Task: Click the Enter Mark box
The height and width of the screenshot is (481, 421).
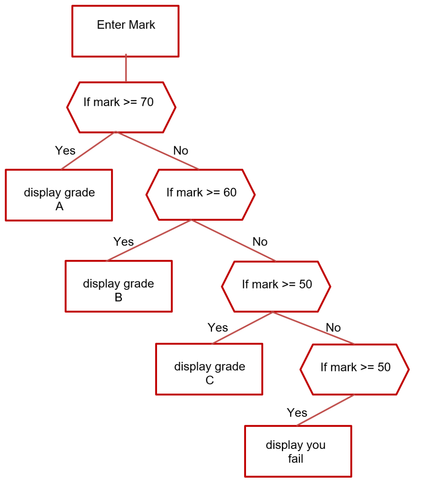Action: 125,31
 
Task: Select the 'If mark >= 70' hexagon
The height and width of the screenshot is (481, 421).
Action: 121,107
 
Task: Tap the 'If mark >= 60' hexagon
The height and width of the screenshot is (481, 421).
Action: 201,195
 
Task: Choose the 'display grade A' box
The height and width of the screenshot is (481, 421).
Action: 59,195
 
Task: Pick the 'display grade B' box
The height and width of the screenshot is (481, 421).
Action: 118,286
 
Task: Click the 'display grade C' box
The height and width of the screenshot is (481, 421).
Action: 209,369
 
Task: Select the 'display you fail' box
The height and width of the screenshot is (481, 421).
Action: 298,451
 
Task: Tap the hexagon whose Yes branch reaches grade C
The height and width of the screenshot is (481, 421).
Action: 276,287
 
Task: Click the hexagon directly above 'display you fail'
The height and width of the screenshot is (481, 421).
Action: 355,370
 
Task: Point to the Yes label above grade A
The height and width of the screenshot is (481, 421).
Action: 65,150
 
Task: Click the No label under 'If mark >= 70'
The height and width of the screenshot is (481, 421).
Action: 181,151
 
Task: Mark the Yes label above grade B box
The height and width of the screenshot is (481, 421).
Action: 123,242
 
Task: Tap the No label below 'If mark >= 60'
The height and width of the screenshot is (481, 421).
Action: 260,242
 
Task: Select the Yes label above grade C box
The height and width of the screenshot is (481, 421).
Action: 218,328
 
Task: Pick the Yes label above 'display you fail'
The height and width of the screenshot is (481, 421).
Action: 297,413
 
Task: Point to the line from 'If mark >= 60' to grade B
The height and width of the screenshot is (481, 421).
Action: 149,240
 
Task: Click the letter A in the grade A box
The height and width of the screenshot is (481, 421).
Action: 59,207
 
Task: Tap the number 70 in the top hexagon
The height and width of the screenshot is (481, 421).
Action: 147,102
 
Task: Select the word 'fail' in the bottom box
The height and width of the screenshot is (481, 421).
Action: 296,458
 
